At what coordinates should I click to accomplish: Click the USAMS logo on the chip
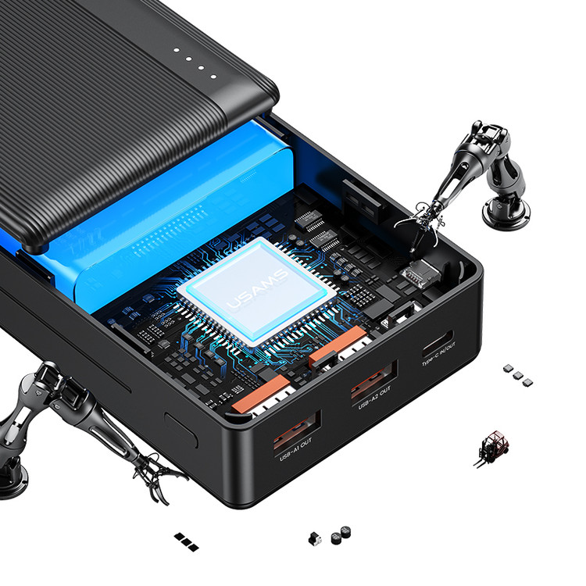click(x=258, y=289)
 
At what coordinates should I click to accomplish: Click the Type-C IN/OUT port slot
click(x=438, y=344)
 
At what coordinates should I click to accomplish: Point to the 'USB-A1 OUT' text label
click(x=295, y=450)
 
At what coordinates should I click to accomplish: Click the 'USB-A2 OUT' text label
click(x=374, y=398)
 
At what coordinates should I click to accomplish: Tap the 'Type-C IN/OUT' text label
click(x=439, y=354)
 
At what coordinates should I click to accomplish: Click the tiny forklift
click(x=491, y=448)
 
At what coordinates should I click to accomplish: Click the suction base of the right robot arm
click(x=506, y=213)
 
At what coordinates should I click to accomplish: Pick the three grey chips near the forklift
click(x=517, y=375)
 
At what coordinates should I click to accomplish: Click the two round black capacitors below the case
click(x=341, y=534)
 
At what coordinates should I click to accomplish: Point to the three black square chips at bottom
click(x=186, y=542)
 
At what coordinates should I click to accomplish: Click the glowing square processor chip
click(x=258, y=291)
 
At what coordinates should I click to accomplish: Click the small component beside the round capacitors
click(x=315, y=539)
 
